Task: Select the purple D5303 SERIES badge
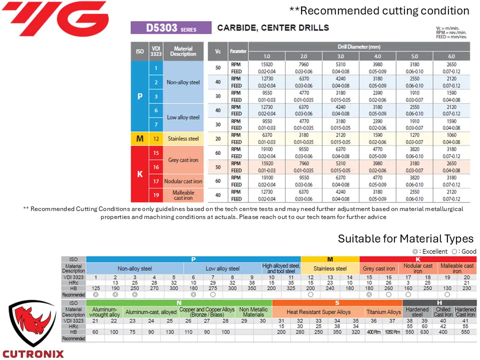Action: coord(170,27)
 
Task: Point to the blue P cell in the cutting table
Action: coord(139,96)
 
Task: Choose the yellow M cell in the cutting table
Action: coord(139,138)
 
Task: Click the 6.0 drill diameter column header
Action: coord(451,56)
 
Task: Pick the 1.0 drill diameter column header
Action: coord(266,56)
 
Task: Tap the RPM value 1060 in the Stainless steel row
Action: coord(451,135)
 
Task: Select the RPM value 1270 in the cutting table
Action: coord(414,135)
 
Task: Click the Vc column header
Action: coord(217,51)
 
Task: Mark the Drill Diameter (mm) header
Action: coord(359,46)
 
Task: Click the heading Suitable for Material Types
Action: coord(405,238)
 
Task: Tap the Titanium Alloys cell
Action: coord(383,312)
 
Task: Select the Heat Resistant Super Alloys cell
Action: coord(318,312)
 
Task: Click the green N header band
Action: coord(179,303)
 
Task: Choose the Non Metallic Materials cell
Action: coord(253,312)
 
